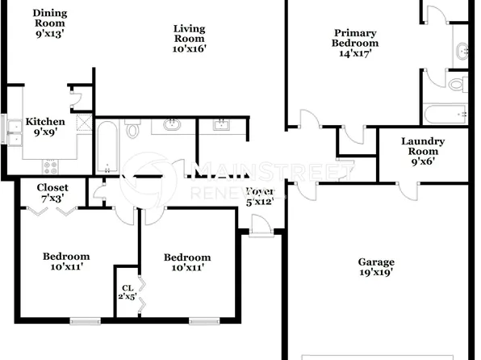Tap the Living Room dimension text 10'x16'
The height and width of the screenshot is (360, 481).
point(190,48)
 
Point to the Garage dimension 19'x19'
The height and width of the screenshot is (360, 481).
point(376,273)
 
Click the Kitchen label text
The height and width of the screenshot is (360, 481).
point(45,122)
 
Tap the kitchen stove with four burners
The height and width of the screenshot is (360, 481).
point(50,166)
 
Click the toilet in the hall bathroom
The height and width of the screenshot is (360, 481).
point(133,128)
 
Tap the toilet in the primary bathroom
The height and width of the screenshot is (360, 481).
point(457,83)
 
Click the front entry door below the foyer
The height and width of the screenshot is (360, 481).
point(261,232)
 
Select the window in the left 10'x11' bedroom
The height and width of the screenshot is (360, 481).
point(84,320)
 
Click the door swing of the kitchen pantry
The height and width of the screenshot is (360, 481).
point(77,100)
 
